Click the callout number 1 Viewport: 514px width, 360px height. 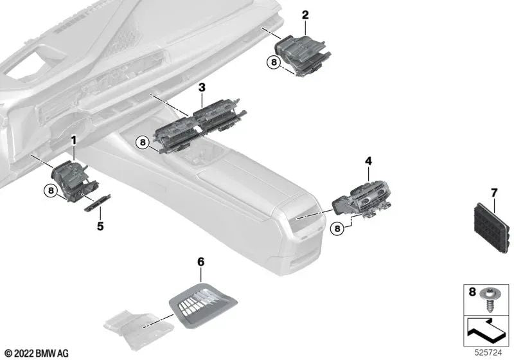click(73, 139)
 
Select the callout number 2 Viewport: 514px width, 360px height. click(305, 15)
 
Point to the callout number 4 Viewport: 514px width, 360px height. click(368, 159)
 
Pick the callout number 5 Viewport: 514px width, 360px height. click(100, 226)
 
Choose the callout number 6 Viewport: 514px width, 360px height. click(200, 262)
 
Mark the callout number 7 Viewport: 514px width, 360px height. click(494, 192)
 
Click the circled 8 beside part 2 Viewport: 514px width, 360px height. click(274, 62)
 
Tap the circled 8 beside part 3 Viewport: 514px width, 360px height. click(143, 142)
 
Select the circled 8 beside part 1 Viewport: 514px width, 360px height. click(49, 190)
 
